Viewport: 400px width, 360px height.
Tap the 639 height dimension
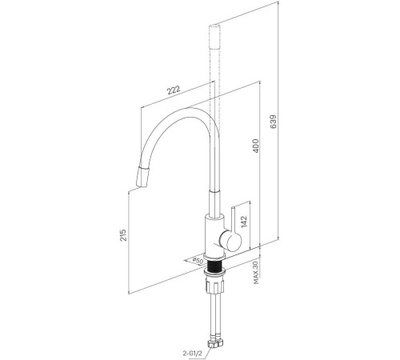[274, 122]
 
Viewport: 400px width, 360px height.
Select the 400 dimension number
[256, 146]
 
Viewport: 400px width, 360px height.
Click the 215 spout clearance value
[123, 235]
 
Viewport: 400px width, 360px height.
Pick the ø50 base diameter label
[198, 260]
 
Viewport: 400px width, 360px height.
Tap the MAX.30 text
[257, 273]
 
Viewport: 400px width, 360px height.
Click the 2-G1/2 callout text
[193, 354]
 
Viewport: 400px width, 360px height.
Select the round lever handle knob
[230, 241]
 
